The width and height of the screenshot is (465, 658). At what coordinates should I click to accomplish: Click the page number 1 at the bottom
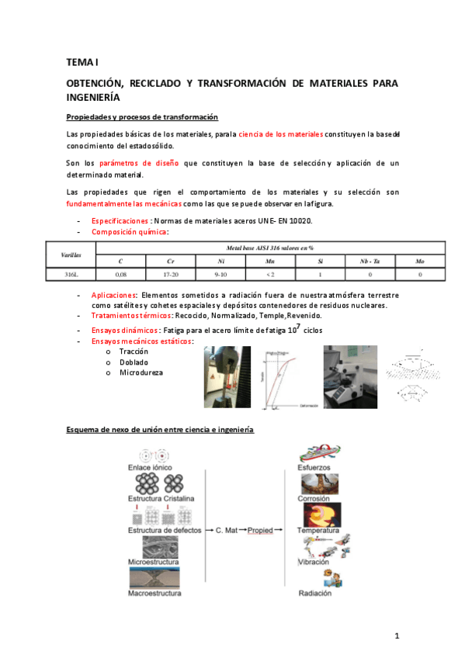pyautogui.click(x=397, y=636)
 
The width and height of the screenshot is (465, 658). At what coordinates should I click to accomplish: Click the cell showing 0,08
pyautogui.click(x=120, y=274)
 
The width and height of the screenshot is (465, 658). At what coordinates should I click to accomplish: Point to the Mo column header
pyautogui.click(x=419, y=261)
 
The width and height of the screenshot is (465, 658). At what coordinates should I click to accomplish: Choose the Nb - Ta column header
pyautogui.click(x=370, y=261)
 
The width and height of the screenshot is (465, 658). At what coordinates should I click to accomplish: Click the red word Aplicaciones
pyautogui.click(x=114, y=295)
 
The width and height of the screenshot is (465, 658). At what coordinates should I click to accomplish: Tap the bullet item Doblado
pyautogui.click(x=134, y=362)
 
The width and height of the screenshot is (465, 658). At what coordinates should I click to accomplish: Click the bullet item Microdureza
pyautogui.click(x=141, y=372)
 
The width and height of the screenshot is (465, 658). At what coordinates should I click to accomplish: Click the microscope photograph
pyautogui.click(x=350, y=377)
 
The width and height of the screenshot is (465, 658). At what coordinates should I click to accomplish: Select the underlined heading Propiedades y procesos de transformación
pyautogui.click(x=142, y=117)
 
